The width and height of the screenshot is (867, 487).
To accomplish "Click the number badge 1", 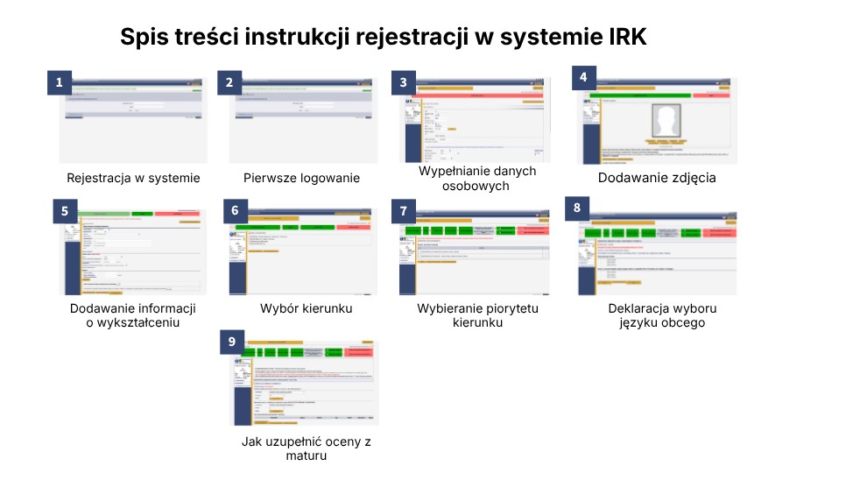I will (59, 83).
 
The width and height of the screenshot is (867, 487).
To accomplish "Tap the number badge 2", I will (229, 83).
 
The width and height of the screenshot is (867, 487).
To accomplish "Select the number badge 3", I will (403, 82).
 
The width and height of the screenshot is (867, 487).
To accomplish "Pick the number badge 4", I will (583, 77).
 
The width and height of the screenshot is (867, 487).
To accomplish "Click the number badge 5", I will (63, 211).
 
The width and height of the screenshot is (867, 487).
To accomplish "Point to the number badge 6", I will (234, 211).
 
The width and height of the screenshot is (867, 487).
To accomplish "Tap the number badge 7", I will (403, 211).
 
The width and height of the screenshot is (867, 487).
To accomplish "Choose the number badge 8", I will (576, 208).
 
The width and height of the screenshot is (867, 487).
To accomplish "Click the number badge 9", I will (232, 341).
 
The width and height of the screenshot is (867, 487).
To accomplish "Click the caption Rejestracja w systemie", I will (133, 178).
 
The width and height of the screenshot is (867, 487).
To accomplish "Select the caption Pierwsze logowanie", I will (301, 178).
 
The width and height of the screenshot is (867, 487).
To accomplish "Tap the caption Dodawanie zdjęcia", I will (657, 178).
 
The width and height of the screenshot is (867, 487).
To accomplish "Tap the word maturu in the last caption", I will (306, 456).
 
